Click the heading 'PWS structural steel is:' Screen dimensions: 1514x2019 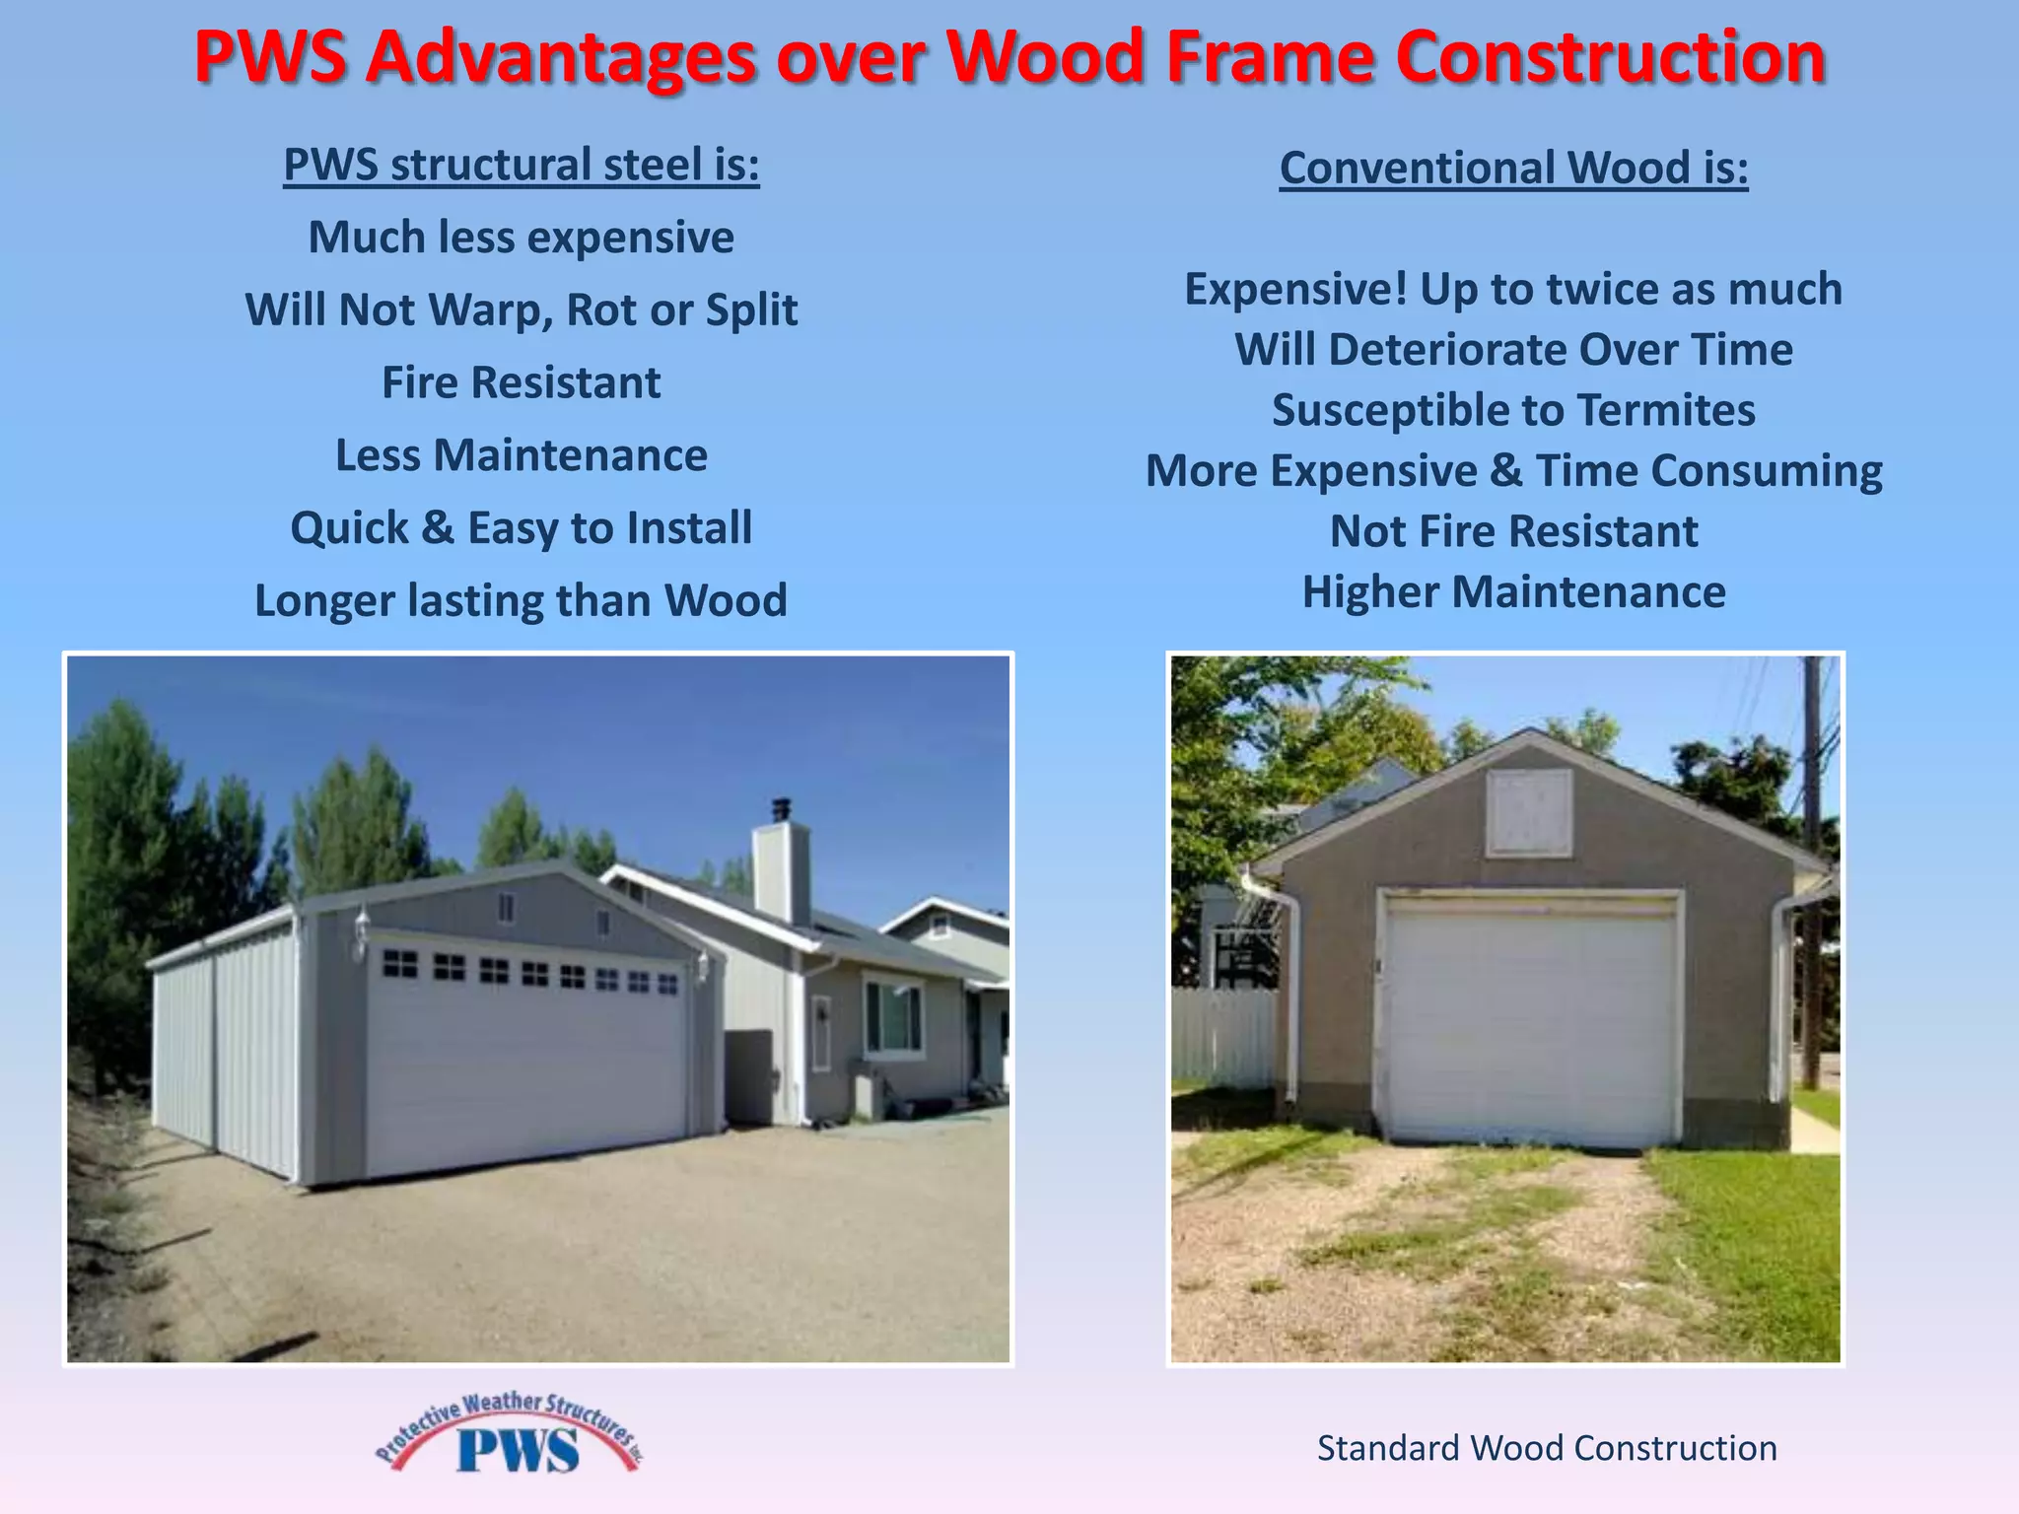click(x=522, y=165)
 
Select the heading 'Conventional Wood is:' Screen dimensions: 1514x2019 click(x=1513, y=168)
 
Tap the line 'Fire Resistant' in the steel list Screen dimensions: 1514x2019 click(x=521, y=382)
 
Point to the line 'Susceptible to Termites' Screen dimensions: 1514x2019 click(x=1513, y=410)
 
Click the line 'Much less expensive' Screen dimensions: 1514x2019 click(x=521, y=238)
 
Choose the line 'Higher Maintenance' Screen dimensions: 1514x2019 click(x=1513, y=592)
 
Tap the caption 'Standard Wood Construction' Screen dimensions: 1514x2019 click(x=1547, y=1448)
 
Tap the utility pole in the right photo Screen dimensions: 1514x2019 click(x=1812, y=867)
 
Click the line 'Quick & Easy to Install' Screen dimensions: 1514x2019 click(x=521, y=528)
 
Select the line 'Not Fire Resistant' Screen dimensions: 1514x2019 click(x=1513, y=532)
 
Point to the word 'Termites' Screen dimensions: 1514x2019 click(x=1666, y=410)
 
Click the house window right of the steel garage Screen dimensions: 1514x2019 click(x=893, y=1015)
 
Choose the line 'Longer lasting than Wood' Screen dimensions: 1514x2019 click(x=521, y=601)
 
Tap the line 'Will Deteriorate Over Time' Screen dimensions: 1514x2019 click(x=1513, y=350)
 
